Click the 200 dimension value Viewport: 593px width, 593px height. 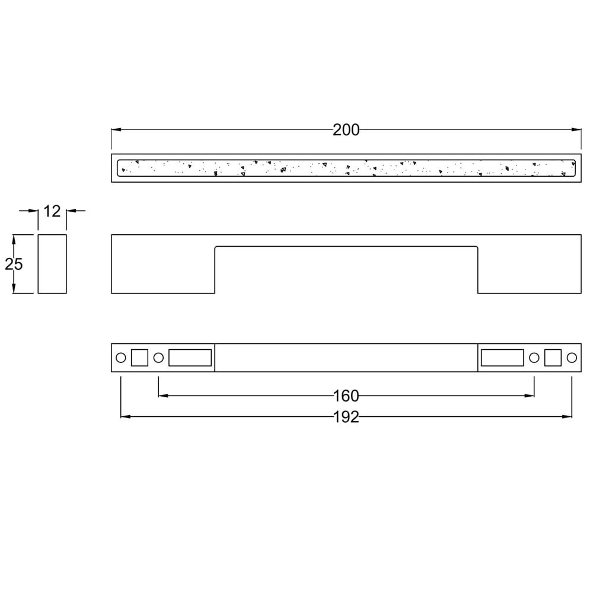[346, 130]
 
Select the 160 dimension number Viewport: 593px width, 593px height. [346, 396]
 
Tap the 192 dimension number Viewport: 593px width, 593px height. [346, 417]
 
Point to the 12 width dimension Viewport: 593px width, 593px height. [52, 212]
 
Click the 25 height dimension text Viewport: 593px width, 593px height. [14, 264]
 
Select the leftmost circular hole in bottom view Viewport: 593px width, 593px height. [120, 358]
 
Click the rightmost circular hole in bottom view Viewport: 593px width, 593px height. [572, 358]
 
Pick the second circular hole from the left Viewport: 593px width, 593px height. [158, 358]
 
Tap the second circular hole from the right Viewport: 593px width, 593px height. [534, 358]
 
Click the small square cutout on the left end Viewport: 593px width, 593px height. [139, 358]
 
